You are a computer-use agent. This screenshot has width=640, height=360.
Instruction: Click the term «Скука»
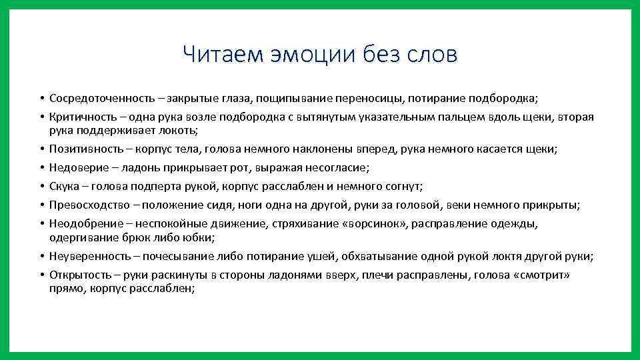pyautogui.click(x=65, y=186)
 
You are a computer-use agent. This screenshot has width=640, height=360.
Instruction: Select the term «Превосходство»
pyautogui.click(x=86, y=205)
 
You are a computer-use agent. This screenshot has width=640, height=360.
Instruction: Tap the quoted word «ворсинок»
pyautogui.click(x=371, y=224)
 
